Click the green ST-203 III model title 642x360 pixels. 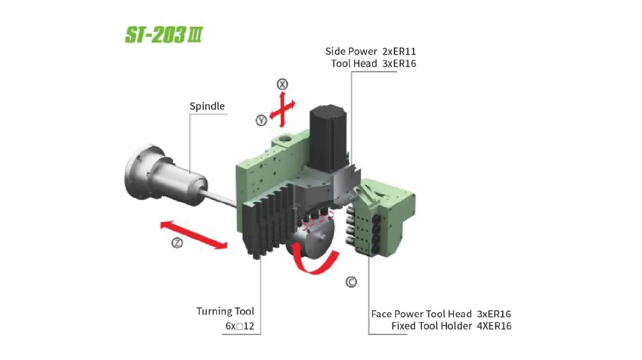tap(164, 35)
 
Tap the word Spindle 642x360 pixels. tap(207, 106)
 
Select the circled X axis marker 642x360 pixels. tap(282, 84)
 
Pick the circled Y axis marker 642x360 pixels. tap(261, 121)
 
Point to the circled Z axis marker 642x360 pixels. tap(177, 243)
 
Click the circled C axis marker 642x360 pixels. tap(351, 282)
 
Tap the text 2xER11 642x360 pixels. tap(399, 51)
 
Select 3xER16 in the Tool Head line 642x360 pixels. tap(399, 64)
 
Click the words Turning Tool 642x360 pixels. tap(225, 311)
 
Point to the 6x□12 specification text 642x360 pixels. tap(240, 326)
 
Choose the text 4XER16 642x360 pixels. tap(494, 326)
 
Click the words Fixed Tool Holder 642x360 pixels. tap(432, 326)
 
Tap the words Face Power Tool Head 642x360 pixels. tap(421, 314)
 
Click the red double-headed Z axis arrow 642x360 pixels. tap(194, 235)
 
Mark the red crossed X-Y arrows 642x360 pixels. tap(282, 109)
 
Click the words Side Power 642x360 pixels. tap(351, 51)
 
